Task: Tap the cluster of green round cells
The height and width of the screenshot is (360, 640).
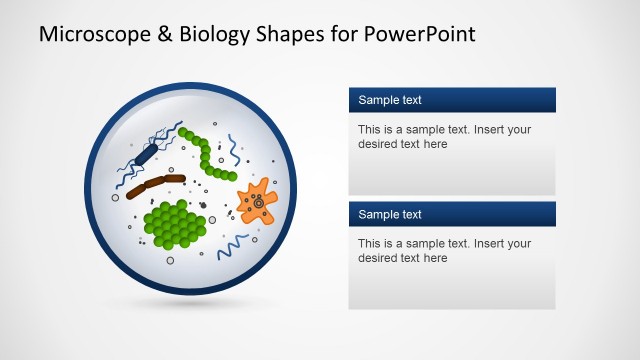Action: (x=176, y=224)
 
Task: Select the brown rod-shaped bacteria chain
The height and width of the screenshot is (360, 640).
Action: (x=155, y=184)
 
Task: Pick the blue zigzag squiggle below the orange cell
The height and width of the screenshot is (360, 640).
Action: (x=234, y=244)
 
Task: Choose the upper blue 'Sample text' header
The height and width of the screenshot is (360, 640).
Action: (x=452, y=100)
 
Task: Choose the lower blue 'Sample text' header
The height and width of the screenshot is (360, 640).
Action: (x=452, y=214)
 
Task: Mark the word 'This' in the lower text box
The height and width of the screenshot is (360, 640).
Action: (x=369, y=243)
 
